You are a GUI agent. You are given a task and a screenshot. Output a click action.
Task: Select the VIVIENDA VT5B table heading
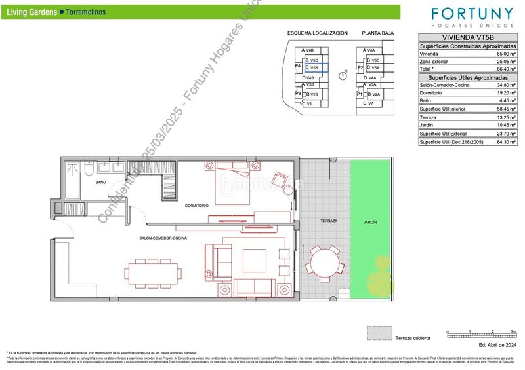pyautogui.click(x=467, y=38)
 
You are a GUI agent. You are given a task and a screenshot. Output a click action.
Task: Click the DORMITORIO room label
pyautogui.click(x=197, y=205)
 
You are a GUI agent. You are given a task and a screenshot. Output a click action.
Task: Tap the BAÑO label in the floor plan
pyautogui.click(x=100, y=182)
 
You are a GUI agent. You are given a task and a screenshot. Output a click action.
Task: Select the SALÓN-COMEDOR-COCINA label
pyautogui.click(x=163, y=238)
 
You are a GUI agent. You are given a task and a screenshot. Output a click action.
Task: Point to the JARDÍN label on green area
pyautogui.click(x=370, y=222)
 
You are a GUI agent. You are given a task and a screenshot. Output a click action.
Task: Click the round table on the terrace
pyautogui.click(x=325, y=266)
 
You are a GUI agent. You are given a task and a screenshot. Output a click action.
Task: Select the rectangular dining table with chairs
pyautogui.click(x=151, y=272)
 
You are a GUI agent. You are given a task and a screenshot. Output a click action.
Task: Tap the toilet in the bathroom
pyautogui.click(x=87, y=170)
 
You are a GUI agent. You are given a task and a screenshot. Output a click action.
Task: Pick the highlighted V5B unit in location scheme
pyautogui.click(x=314, y=67)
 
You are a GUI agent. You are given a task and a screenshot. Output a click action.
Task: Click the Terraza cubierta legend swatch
pyautogui.click(x=378, y=333)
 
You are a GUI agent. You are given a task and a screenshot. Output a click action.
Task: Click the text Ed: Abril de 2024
pyautogui.click(x=498, y=344)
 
